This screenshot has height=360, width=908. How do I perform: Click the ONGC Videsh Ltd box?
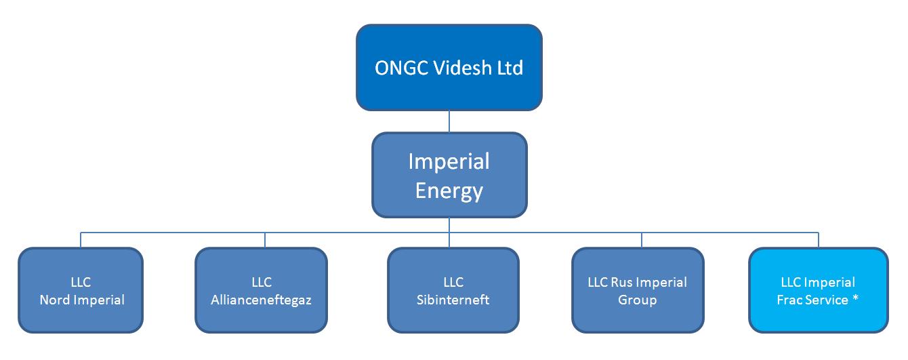449,67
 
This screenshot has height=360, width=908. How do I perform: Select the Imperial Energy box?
449,175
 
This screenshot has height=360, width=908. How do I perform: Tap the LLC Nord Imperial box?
81,290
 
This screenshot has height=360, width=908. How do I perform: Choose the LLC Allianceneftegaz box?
261,290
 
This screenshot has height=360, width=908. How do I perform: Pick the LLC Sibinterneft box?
453,290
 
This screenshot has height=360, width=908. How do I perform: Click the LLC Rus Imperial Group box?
638,290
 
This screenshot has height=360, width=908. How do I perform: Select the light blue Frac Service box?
819,290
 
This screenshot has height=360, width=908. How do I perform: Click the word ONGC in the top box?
402,68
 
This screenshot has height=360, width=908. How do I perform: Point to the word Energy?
449,191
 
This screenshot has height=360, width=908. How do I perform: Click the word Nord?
55,300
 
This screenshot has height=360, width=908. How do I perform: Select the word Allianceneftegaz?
261,300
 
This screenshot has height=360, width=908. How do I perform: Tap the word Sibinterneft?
453,300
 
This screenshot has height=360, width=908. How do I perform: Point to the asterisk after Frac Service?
855,298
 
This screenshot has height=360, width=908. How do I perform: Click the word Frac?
789,300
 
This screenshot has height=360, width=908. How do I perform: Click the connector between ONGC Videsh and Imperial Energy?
449,121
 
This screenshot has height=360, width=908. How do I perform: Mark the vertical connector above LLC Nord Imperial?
81,240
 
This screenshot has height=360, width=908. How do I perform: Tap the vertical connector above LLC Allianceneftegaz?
265,240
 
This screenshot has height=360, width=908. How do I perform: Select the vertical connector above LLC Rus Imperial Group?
641,240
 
